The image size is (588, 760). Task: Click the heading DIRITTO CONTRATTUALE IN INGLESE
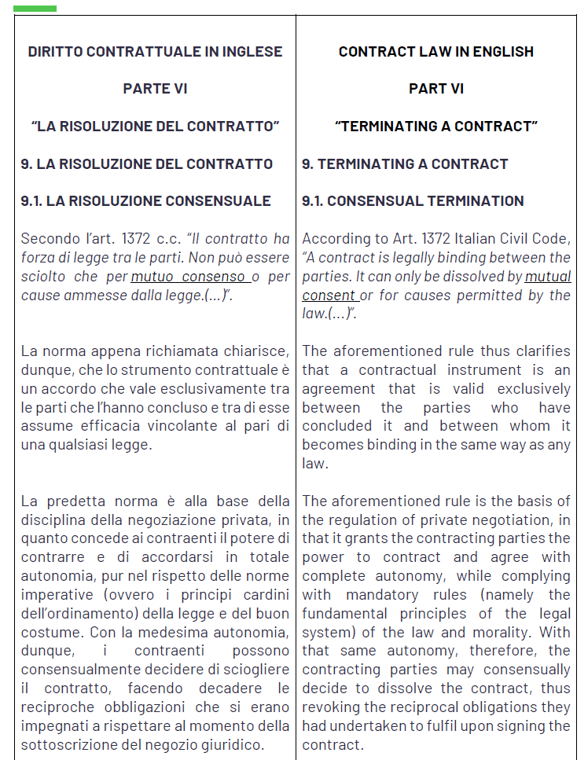155,52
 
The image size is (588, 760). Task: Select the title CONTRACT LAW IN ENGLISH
435,52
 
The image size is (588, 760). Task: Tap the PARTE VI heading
155,89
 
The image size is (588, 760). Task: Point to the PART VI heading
435,89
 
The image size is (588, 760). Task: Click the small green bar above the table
35,9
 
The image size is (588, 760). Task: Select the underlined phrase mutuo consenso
189,277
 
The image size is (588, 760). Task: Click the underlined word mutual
548,277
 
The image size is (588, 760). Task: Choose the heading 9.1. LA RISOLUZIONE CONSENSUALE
145,201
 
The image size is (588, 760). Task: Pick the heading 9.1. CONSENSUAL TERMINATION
413,201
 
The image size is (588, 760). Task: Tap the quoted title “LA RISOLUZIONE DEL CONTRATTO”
155,127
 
